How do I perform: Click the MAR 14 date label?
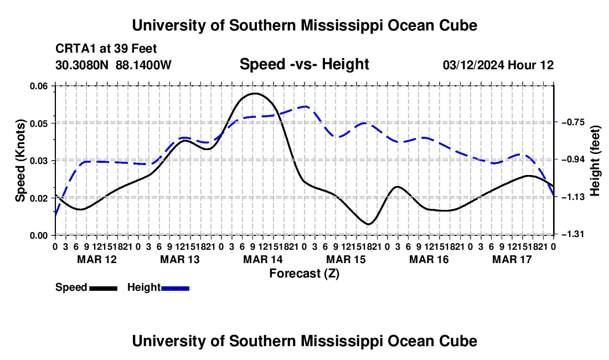point(263,259)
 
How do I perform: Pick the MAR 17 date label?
point(512,259)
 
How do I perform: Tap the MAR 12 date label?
point(97,259)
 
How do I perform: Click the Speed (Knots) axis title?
point(20,161)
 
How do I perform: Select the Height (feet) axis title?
point(595,161)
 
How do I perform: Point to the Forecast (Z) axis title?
point(304,274)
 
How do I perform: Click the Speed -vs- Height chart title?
point(304,64)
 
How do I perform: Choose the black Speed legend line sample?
point(104,289)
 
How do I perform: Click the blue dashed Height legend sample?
point(175,289)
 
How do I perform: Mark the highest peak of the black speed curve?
point(255,93)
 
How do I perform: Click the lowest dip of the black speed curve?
point(368,224)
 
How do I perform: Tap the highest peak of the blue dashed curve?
point(305,106)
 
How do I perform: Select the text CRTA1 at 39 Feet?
point(106,49)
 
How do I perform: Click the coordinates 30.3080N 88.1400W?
point(113,65)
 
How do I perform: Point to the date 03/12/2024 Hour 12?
point(498,65)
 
